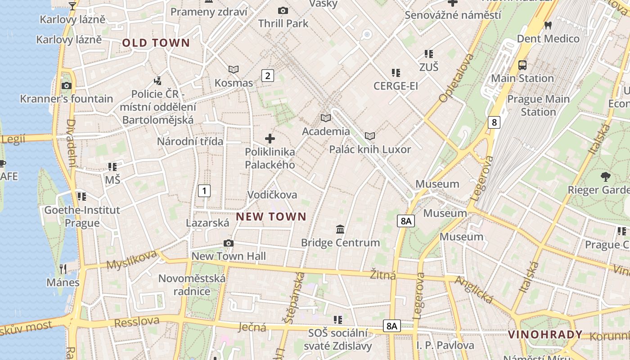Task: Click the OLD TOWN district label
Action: tap(156, 43)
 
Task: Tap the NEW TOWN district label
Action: tap(271, 217)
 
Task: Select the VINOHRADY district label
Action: tap(545, 334)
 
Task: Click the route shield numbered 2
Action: tap(268, 76)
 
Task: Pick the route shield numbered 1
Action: tap(204, 191)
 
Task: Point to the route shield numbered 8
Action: tap(494, 122)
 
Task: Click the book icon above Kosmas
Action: tap(234, 69)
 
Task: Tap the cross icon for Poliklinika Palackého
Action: tap(270, 139)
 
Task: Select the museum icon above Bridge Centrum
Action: tap(340, 229)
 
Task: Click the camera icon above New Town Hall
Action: tap(229, 243)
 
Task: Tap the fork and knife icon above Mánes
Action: tap(63, 269)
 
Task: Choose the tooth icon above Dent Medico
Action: tap(548, 25)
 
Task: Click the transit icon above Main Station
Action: tap(522, 65)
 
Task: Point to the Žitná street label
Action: tap(383, 274)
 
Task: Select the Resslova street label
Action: tap(137, 322)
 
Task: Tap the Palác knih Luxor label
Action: tap(370, 149)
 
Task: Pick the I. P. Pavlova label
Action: tap(445, 345)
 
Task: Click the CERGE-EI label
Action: tap(396, 85)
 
